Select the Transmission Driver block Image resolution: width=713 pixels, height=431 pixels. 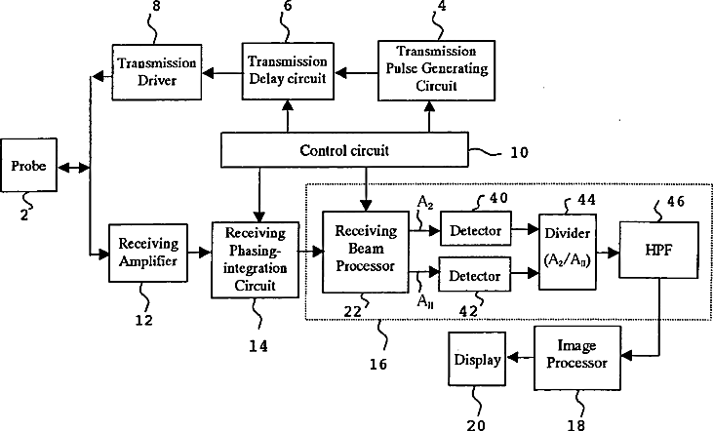157,70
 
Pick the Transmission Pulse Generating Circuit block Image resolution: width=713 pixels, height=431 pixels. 429,70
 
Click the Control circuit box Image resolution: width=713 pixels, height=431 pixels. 344,151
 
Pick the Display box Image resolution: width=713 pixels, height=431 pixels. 476,359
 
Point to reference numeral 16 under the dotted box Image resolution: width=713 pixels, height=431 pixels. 376,366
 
